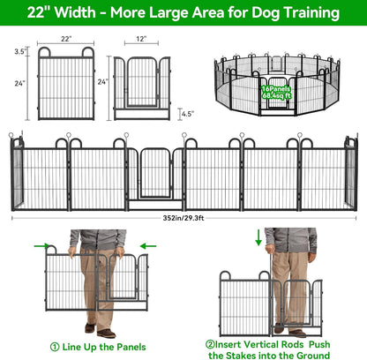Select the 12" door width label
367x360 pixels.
pos(140,40)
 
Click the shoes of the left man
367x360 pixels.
pos(107,333)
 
